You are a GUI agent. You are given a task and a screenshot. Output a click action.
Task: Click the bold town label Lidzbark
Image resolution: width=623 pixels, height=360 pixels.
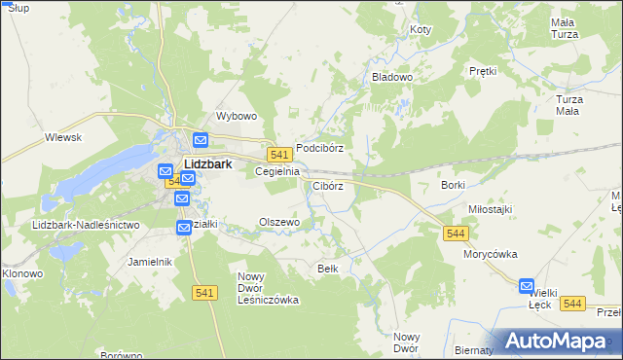click(x=207, y=164)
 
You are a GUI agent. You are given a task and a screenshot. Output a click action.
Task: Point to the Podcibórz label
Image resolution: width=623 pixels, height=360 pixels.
click(x=320, y=148)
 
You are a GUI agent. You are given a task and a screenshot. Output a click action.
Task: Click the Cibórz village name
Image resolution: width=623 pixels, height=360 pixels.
click(x=328, y=185)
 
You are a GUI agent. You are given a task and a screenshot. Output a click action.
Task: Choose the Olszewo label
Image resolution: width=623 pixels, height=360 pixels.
click(x=279, y=222)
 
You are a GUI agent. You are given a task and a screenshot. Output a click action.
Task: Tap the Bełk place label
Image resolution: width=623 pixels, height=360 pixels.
click(x=328, y=268)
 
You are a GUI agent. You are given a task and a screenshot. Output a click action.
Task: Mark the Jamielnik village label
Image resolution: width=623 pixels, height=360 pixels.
click(x=150, y=262)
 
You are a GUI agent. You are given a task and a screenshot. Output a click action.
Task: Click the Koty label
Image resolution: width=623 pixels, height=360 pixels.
click(x=420, y=30)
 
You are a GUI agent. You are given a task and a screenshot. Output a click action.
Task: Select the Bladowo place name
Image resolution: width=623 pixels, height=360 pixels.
click(x=393, y=76)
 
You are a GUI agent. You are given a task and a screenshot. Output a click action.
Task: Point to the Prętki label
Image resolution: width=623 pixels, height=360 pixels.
click(x=483, y=71)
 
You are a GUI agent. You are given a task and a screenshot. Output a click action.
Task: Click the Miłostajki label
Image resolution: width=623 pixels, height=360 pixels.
click(x=490, y=209)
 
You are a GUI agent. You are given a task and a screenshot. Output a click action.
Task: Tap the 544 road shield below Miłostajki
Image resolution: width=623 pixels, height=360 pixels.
click(x=455, y=234)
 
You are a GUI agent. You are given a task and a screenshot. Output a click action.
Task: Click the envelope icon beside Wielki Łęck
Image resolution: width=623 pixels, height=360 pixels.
click(x=527, y=286)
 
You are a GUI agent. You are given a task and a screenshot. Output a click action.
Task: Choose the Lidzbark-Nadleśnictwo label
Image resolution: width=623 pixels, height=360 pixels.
click(x=87, y=225)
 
